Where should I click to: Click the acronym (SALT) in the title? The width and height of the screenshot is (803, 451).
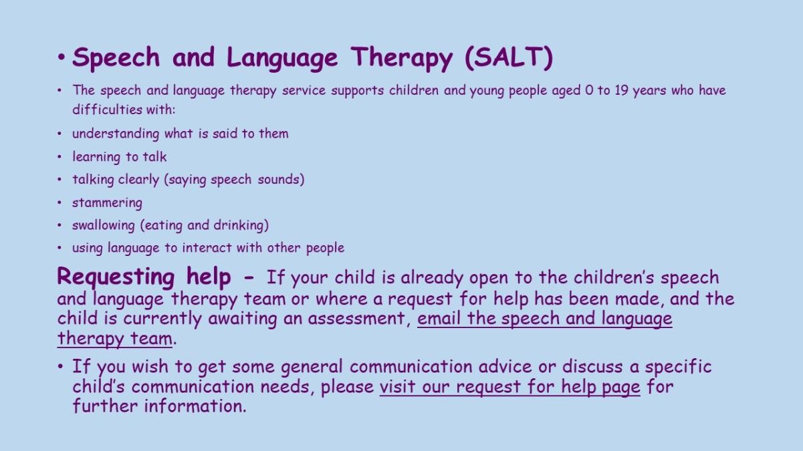tap(509, 57)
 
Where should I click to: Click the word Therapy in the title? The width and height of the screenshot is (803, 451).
tap(401, 58)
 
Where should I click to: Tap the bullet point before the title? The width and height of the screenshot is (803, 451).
tap(62, 57)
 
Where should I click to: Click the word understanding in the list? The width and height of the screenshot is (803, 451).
tap(116, 134)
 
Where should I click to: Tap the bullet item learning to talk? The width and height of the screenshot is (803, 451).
tap(120, 157)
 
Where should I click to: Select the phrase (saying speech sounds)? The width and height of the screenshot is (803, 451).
tap(234, 180)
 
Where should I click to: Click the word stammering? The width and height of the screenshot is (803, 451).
tap(107, 203)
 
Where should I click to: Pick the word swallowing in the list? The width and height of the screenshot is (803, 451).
tap(104, 226)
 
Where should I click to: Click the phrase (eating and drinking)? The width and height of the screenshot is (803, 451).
tap(205, 226)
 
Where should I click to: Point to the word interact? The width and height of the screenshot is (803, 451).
tap(207, 247)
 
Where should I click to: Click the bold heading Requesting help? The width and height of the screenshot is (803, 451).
tap(144, 277)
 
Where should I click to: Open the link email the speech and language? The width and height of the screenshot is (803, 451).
tap(545, 319)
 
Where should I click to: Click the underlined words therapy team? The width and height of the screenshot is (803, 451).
tap(115, 338)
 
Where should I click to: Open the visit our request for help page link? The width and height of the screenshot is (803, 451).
tap(509, 387)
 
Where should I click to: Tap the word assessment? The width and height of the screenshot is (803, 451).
tap(356, 319)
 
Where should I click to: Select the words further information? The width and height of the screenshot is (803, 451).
tap(158, 406)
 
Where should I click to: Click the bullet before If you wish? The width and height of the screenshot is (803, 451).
tap(61, 366)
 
